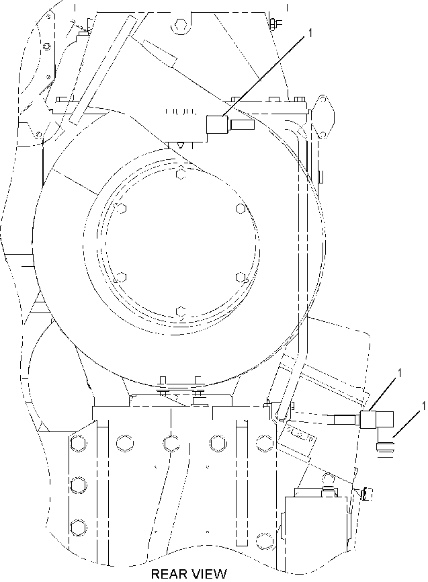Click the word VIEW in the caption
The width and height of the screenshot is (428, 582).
[208, 573]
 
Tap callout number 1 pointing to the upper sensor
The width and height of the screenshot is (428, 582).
[310, 33]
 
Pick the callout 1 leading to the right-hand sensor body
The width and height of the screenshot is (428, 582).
[399, 373]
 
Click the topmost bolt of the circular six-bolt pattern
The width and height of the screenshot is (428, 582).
[181, 173]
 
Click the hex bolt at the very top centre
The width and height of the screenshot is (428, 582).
[179, 24]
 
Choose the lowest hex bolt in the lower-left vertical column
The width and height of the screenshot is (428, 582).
[78, 526]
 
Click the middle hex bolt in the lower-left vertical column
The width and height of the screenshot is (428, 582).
[78, 485]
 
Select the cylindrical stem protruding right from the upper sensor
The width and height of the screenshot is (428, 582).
[242, 124]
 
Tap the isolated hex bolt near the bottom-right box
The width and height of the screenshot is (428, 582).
[263, 538]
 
